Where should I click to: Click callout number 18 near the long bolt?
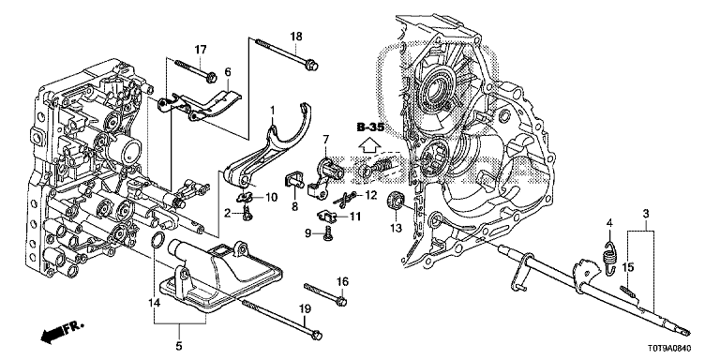(x=295, y=37)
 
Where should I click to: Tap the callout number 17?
(x=202, y=49)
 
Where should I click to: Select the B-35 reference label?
(x=370, y=127)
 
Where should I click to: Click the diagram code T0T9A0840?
(x=669, y=349)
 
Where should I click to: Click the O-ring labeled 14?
(x=157, y=240)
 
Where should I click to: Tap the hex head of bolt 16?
(x=340, y=302)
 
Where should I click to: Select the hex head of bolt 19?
(x=315, y=336)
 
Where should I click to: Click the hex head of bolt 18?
(x=311, y=66)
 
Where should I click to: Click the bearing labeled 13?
(x=395, y=201)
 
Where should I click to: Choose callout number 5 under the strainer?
(x=179, y=344)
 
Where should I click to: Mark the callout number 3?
(x=645, y=213)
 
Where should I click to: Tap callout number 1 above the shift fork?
(x=272, y=111)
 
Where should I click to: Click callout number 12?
(x=370, y=196)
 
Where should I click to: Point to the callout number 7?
(x=325, y=138)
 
